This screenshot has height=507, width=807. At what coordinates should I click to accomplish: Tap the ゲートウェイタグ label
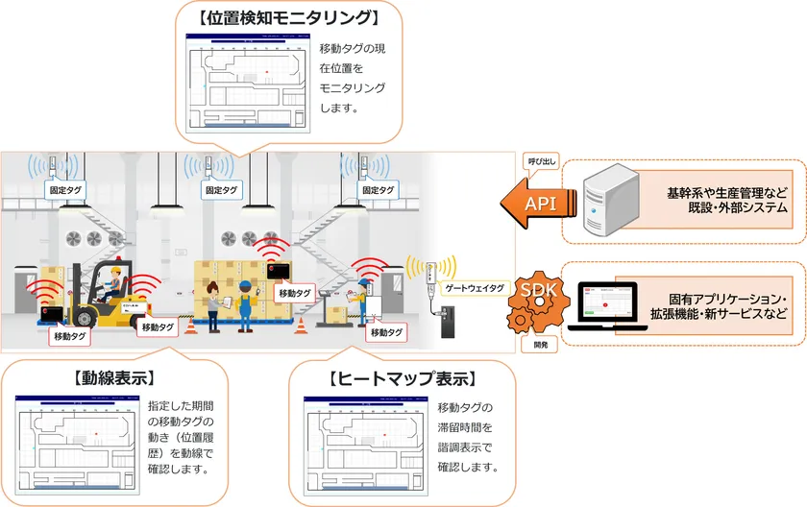point(470,287)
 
